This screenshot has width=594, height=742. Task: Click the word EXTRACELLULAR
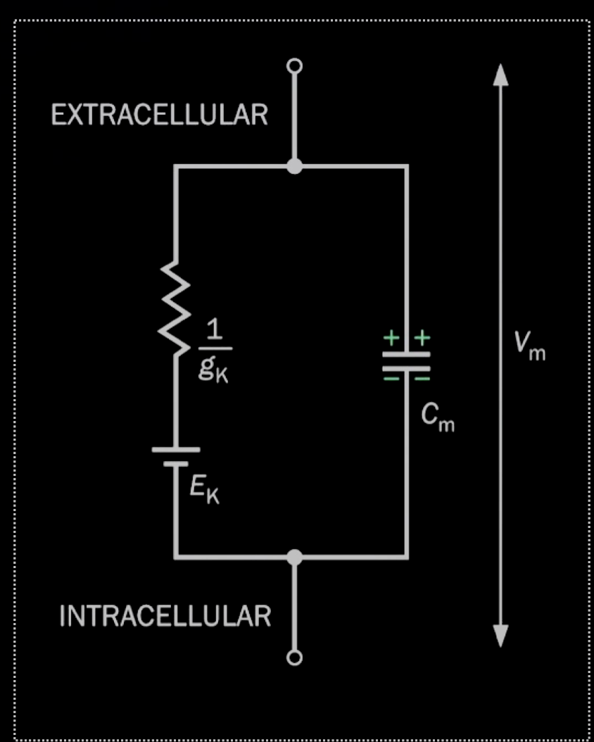[x=159, y=115]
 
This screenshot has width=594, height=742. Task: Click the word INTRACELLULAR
[x=165, y=616]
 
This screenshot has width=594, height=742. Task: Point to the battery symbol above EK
[x=176, y=456]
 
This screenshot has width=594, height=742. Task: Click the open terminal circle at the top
[x=295, y=66]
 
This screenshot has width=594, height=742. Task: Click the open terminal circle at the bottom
[x=295, y=658]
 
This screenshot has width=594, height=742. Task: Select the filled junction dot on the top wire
[x=295, y=166]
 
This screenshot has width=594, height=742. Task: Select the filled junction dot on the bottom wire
[x=295, y=557]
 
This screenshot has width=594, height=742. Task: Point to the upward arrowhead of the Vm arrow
[x=500, y=74]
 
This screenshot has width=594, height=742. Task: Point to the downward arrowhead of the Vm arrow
[x=500, y=636]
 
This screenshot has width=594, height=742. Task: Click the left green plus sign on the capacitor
[x=391, y=339]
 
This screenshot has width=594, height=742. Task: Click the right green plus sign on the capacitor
[x=421, y=339]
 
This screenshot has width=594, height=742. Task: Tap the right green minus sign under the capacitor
[x=421, y=379]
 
